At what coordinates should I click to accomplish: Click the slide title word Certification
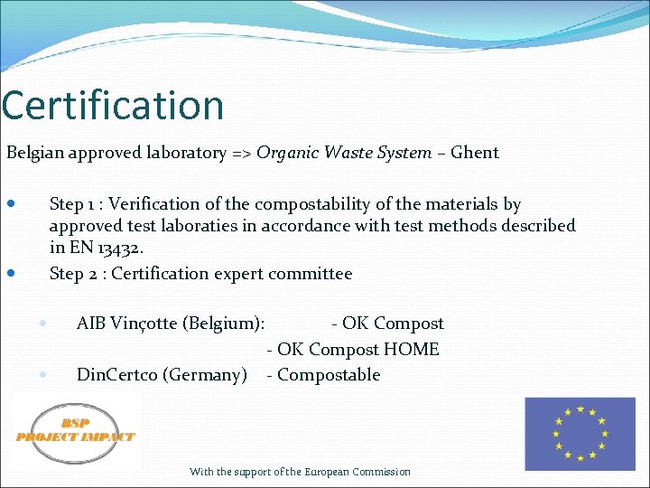[113, 105]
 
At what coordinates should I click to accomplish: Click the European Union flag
[580, 435]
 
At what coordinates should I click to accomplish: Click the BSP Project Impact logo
[76, 430]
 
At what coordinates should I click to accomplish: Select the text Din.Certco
[116, 374]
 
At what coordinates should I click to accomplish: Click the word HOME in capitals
[412, 349]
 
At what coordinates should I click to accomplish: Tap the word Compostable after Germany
[329, 374]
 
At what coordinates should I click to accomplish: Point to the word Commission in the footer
[382, 472]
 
